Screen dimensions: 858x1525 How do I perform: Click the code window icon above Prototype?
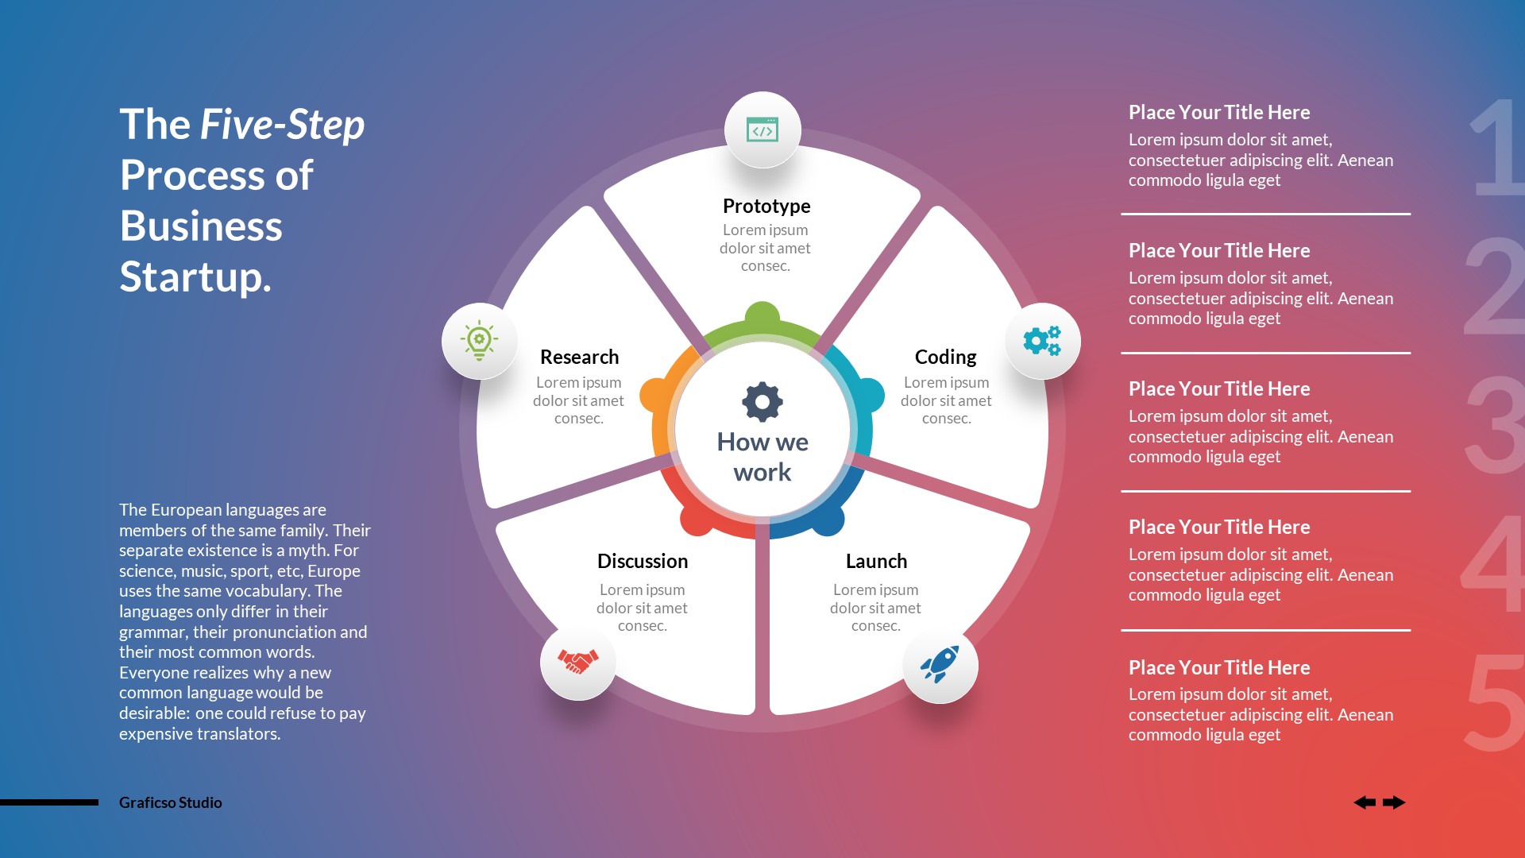pyautogui.click(x=762, y=129)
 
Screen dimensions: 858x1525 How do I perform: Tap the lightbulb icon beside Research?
pyautogui.click(x=479, y=341)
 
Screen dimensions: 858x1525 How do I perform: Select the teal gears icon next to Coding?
pyautogui.click(x=1042, y=341)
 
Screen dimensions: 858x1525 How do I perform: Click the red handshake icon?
pyautogui.click(x=577, y=661)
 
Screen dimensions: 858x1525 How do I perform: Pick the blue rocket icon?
pyautogui.click(x=940, y=664)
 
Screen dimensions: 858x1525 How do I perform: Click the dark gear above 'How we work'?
pyautogui.click(x=762, y=402)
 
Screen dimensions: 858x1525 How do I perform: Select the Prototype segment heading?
pyautogui.click(x=766, y=206)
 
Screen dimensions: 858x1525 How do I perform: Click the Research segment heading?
pyautogui.click(x=579, y=357)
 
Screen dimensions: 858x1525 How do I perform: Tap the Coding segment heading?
pyautogui.click(x=945, y=357)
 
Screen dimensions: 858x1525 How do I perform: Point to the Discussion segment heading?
pyautogui.click(x=643, y=561)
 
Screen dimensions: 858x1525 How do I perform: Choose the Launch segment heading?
pyautogui.click(x=876, y=561)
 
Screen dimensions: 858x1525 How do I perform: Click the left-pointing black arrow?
pyautogui.click(x=1365, y=802)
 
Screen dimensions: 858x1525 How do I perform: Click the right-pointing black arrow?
pyautogui.click(x=1394, y=802)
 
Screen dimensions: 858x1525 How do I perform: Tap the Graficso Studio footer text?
pyautogui.click(x=171, y=802)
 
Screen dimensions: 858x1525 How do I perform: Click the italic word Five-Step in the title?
pyautogui.click(x=282, y=125)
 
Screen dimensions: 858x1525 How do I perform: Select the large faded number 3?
pyautogui.click(x=1495, y=425)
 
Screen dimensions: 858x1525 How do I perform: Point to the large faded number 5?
pyautogui.click(x=1495, y=703)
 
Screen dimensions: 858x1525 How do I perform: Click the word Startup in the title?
pyautogui.click(x=195, y=276)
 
